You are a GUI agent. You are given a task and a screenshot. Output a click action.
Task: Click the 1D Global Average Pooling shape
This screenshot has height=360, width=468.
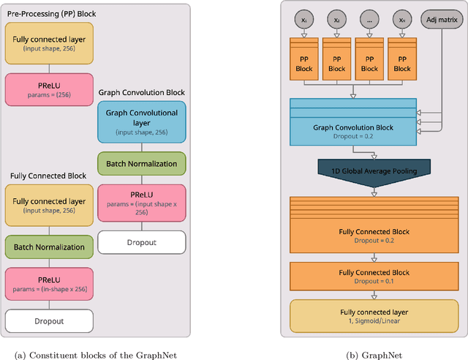[374, 171]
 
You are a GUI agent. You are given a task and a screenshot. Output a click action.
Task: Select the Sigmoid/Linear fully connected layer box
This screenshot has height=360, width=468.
[374, 316]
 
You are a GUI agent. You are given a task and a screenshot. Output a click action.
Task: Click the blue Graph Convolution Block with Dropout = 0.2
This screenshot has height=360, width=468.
[352, 131]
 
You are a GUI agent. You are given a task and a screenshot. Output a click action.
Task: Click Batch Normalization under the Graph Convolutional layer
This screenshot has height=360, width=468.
[142, 163]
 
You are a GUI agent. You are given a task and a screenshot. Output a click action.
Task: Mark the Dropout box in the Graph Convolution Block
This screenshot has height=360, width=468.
[142, 241]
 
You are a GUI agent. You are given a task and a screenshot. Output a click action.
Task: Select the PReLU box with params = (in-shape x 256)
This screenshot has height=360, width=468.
[48, 283]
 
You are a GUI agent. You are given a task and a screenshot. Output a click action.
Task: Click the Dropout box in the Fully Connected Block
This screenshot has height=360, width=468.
[48, 320]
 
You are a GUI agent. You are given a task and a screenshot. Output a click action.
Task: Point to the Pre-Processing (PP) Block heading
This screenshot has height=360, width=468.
[50, 14]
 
